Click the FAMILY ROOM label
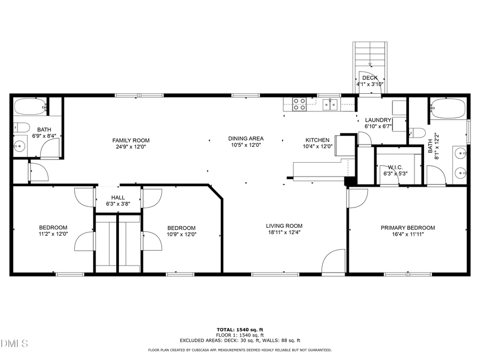131,140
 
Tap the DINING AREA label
246,138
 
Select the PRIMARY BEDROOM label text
407,228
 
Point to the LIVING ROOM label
284,226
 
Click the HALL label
118,197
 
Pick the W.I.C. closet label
395,167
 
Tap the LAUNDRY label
378,120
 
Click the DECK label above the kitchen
370,78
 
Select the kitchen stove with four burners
299,103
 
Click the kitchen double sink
330,103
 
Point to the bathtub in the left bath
30,107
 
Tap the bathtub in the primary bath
448,108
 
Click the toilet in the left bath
21,127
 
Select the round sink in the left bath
20,145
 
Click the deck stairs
370,55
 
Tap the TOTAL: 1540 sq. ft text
239,330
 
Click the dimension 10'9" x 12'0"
181,234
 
